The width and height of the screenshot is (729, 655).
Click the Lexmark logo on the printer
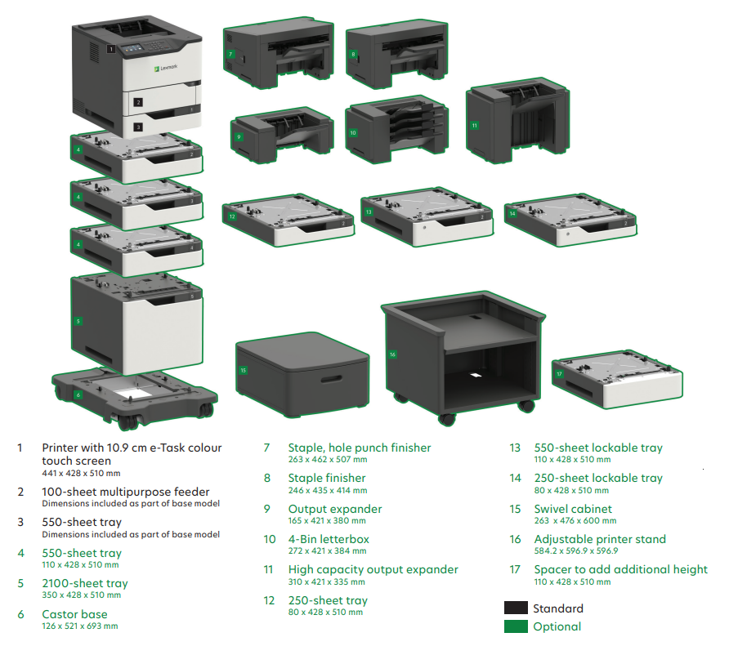point(166,68)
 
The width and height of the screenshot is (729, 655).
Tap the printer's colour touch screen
point(130,48)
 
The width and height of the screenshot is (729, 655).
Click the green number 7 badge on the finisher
point(230,55)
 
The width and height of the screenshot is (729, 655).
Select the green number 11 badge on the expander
point(474,126)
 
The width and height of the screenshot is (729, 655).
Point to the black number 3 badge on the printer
point(138,127)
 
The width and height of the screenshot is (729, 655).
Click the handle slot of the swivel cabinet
point(331,380)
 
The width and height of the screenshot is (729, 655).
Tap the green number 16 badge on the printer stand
point(392,354)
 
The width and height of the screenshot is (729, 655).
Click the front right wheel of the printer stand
point(526,406)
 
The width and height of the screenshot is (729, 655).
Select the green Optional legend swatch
point(516,626)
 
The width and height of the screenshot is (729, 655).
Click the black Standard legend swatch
point(516,608)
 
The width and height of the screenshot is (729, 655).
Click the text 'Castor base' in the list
point(74,614)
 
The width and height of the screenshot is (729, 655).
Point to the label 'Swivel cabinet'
point(573,509)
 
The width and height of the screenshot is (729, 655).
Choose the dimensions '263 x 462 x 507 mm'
point(327,460)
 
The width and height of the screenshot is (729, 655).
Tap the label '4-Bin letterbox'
point(329,539)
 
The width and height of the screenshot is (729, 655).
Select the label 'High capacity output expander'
point(373,569)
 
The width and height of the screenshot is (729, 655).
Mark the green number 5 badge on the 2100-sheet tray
point(78,321)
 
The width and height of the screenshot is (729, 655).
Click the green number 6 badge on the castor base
point(78,394)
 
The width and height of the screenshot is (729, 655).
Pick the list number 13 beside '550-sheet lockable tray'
point(515,448)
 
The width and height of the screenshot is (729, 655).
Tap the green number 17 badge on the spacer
point(559,373)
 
